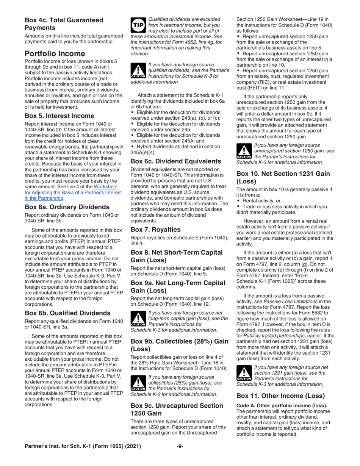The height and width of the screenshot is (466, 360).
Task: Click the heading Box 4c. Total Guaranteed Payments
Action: pyautogui.click(x=64, y=24)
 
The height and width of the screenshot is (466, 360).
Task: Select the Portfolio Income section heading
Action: pyautogui.click(x=55, y=53)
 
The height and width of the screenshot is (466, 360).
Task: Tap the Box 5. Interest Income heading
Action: pyautogui.click(x=59, y=116)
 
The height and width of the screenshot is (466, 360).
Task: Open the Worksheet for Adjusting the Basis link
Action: pyautogui.click(x=73, y=192)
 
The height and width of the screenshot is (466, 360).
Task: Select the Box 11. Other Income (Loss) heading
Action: pyautogui.click(x=280, y=396)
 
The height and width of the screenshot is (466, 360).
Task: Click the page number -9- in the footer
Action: pyautogui.click(x=180, y=446)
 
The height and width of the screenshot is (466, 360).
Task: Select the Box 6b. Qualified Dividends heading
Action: pyautogui.click(x=67, y=313)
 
